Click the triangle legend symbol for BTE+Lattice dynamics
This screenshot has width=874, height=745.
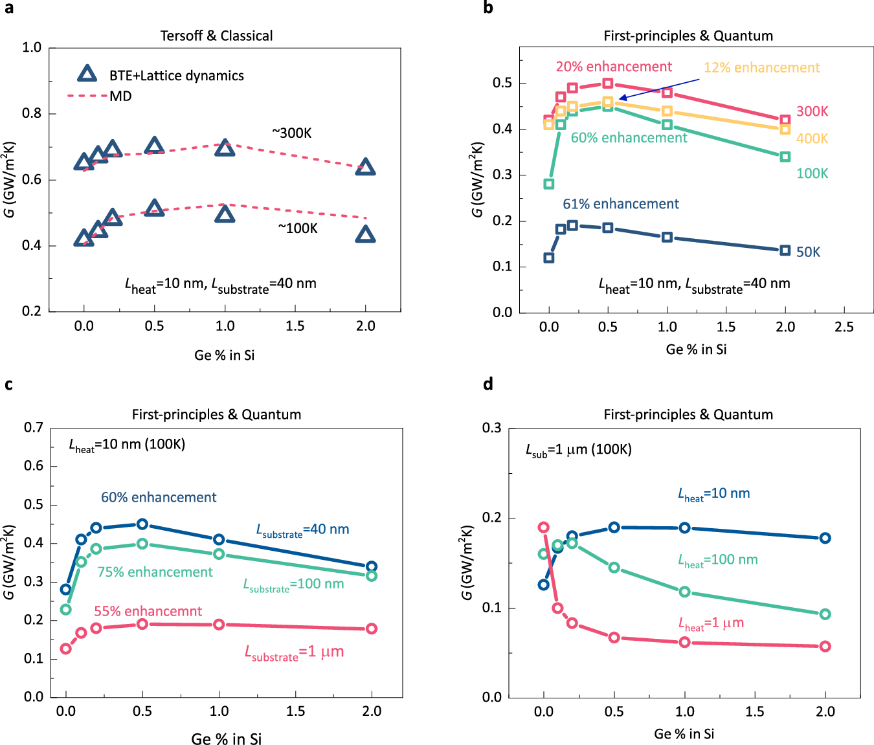click(x=87, y=74)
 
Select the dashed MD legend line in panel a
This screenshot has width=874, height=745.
click(x=87, y=96)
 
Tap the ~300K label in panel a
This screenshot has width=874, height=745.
click(x=292, y=133)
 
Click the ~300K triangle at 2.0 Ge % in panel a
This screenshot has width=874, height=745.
click(x=366, y=168)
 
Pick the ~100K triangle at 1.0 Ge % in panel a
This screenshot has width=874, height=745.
click(x=225, y=214)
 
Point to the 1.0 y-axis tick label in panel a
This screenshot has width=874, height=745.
click(x=32, y=47)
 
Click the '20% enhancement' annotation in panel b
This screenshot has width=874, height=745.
click(x=614, y=67)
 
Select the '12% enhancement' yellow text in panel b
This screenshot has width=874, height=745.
click(x=761, y=68)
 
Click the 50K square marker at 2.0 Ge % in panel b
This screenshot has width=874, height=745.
click(x=785, y=250)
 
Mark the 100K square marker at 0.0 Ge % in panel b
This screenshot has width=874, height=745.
click(x=549, y=184)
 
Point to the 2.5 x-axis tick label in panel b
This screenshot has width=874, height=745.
click(x=844, y=328)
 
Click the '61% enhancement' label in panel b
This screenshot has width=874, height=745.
click(x=621, y=204)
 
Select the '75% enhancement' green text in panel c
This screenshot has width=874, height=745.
click(x=155, y=572)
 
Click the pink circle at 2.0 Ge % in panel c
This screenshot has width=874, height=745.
click(x=372, y=628)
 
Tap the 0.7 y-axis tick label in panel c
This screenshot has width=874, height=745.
click(x=34, y=427)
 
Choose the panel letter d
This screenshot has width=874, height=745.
click(x=488, y=384)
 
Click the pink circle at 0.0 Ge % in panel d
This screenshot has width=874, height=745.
click(x=544, y=528)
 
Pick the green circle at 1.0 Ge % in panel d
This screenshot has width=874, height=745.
click(x=685, y=592)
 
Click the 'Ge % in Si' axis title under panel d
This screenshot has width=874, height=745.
click(x=684, y=734)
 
